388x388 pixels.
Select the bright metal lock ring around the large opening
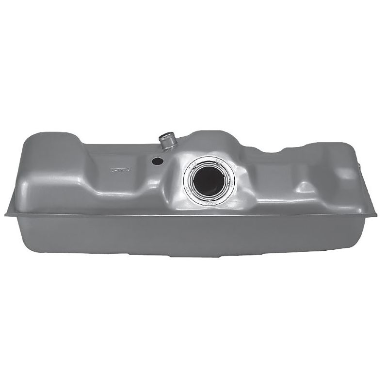228,192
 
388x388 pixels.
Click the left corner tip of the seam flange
6,214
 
